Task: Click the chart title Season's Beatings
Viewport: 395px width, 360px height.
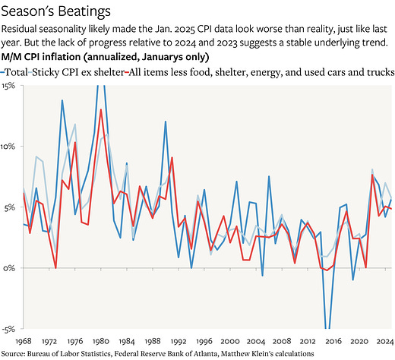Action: click(55, 12)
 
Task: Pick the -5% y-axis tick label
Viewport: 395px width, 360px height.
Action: click(8, 330)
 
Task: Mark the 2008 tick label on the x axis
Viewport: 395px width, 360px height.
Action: click(281, 342)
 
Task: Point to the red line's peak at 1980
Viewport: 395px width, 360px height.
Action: click(101, 110)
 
